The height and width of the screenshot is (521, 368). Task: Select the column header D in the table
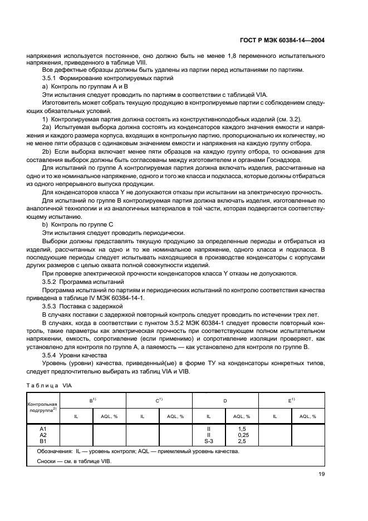point(225,401)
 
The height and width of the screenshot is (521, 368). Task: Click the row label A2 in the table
point(42,435)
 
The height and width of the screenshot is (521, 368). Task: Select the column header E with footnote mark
point(291,400)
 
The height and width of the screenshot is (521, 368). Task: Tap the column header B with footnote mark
point(92,400)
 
